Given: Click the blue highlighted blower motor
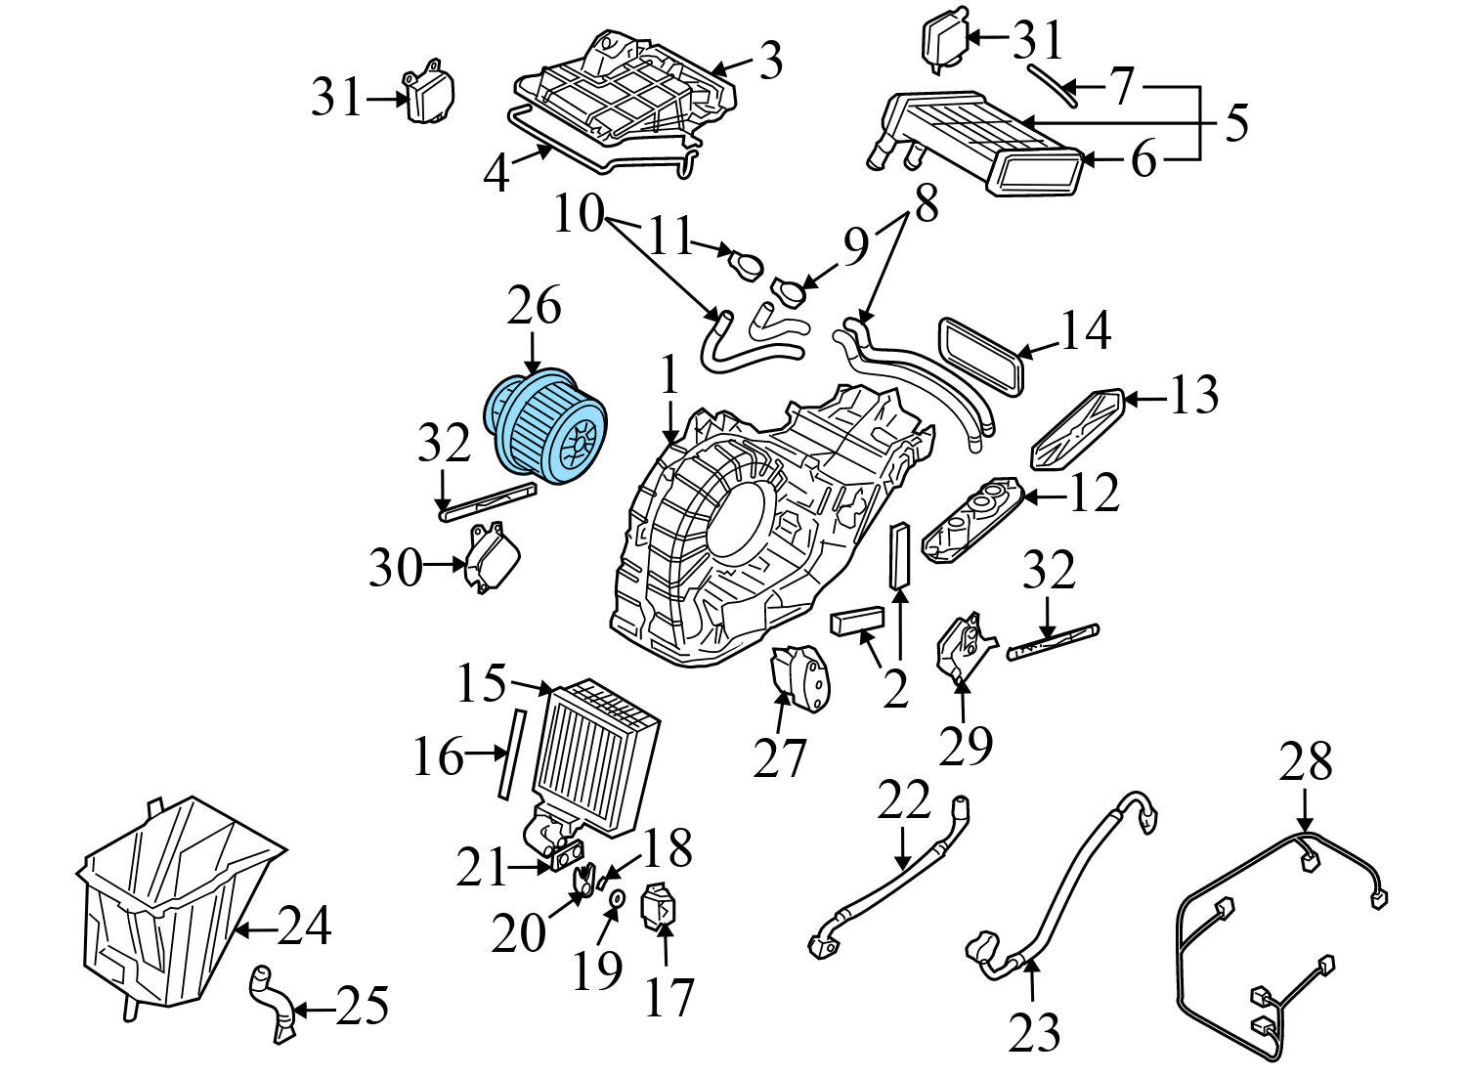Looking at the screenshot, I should pos(546,427).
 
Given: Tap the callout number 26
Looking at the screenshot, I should pos(534,306).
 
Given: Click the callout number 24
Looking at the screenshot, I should pos(304,926).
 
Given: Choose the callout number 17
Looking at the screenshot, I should pos(668,996).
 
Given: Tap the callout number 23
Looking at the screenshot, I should pos(1034,1031).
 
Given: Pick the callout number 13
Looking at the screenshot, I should pos(1192,396).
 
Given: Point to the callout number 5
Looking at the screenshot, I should pos(1236,123).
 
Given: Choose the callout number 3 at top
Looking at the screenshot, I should pos(771,62).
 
